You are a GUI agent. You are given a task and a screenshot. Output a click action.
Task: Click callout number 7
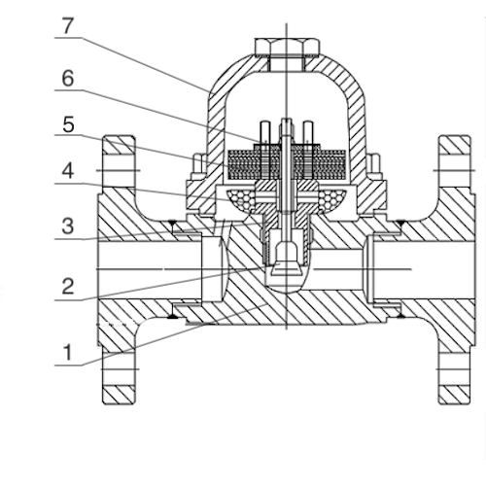pos(67,26)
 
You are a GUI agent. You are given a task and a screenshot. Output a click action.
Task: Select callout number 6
pos(68,79)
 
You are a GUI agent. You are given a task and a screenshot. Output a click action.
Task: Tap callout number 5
pos(68,124)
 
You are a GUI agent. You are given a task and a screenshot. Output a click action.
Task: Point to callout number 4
pos(68,171)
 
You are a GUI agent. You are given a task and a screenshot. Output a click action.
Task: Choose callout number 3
pos(68,226)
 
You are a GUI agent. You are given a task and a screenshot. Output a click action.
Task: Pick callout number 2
pos(68,287)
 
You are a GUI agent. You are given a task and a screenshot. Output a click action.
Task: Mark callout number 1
pos(68,353)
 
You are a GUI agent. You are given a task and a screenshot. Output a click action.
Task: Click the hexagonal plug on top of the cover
pos(287,47)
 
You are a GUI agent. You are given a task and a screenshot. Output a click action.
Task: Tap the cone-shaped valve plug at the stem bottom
pos(287,261)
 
